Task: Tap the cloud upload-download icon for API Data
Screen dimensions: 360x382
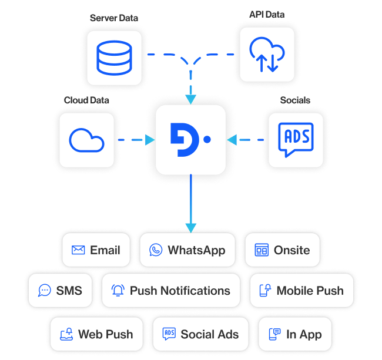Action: click(267, 55)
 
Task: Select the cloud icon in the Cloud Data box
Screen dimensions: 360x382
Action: click(86, 140)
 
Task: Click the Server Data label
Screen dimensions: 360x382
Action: click(114, 18)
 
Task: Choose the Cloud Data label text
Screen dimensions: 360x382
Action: click(86, 100)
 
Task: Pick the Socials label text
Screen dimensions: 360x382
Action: click(295, 100)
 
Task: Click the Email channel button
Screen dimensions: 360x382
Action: click(96, 250)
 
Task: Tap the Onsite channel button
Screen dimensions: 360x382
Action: click(282, 250)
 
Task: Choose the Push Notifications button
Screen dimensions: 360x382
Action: click(171, 290)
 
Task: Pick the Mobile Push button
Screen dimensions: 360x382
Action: click(301, 290)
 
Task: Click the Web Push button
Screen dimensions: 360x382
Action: click(96, 334)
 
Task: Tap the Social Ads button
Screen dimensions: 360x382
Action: click(201, 334)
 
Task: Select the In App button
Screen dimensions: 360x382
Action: click(295, 334)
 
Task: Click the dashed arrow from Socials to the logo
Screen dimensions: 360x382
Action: click(247, 140)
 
